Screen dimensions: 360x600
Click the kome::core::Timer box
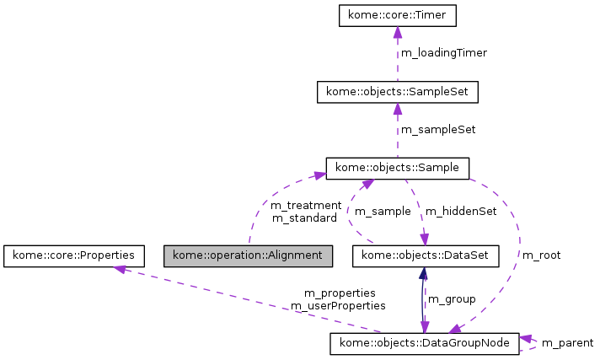(x=397, y=15)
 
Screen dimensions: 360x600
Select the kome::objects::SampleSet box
(x=397, y=92)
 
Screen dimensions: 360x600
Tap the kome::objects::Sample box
(x=397, y=168)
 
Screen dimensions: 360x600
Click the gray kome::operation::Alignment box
(x=248, y=254)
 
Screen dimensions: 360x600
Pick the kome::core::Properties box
(x=73, y=254)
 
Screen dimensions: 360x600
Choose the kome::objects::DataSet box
(x=425, y=254)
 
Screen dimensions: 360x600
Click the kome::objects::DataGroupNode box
(x=425, y=343)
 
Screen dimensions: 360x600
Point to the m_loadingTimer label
(x=443, y=52)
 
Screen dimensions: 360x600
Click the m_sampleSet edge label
(x=437, y=130)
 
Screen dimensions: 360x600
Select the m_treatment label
(x=305, y=205)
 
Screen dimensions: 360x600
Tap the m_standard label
(x=304, y=218)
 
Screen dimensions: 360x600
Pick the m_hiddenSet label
(x=461, y=211)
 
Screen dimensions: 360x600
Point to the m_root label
(x=541, y=255)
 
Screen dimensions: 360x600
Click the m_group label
(x=452, y=298)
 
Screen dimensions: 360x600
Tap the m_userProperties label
(x=338, y=305)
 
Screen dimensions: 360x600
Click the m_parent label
(x=567, y=342)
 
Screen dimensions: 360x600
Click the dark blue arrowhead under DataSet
(x=423, y=272)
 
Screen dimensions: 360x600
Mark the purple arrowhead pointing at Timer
(x=397, y=33)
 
